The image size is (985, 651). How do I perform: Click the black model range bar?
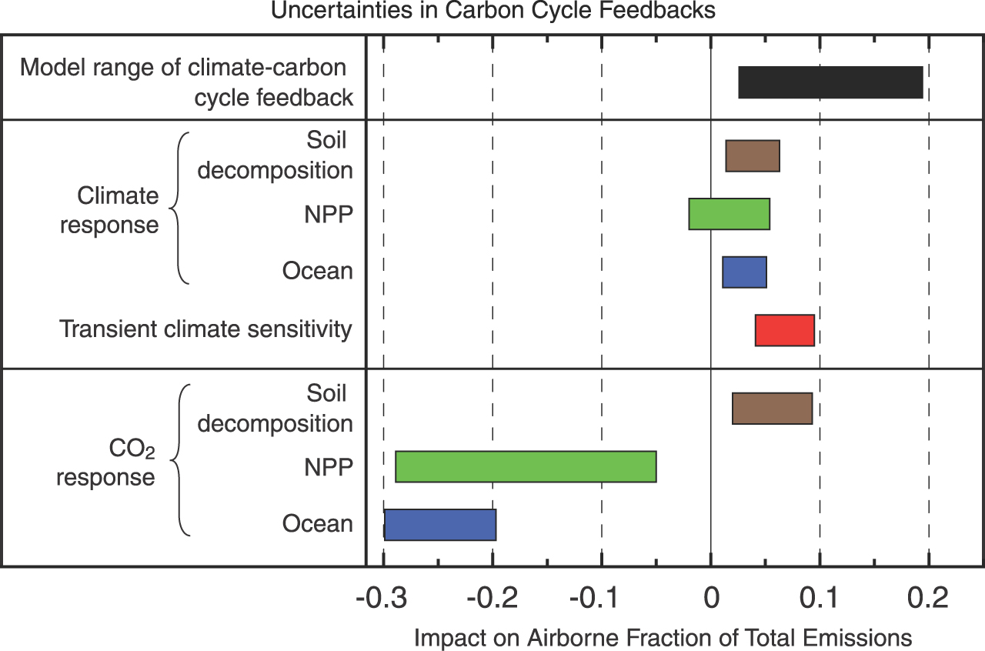[x=830, y=82]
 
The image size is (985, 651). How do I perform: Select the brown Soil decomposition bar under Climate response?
[x=753, y=156]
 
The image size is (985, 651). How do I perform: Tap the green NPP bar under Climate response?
[x=729, y=214]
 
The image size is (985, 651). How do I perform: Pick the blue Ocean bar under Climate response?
[x=744, y=272]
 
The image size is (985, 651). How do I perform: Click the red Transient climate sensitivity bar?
[x=784, y=330]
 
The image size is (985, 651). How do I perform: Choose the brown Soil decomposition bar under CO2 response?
[x=772, y=408]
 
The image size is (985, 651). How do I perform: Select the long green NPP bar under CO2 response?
[x=526, y=466]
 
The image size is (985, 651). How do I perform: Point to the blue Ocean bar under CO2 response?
[x=440, y=524]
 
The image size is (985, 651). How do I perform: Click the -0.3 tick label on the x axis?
[x=382, y=597]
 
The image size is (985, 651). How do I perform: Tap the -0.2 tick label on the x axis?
[x=492, y=597]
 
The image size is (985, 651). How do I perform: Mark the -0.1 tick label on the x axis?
[x=601, y=597]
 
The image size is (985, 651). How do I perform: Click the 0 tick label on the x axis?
[x=711, y=597]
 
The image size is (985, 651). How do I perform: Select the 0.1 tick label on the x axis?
[x=820, y=597]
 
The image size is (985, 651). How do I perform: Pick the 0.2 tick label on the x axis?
[x=929, y=597]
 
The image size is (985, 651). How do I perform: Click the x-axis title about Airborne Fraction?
[x=663, y=637]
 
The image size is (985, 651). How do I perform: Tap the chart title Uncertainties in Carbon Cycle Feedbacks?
[x=492, y=11]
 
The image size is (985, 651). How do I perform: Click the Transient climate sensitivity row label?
[x=206, y=329]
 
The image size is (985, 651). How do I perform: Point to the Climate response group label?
[x=109, y=210]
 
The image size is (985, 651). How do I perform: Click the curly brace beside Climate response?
[x=179, y=208]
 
